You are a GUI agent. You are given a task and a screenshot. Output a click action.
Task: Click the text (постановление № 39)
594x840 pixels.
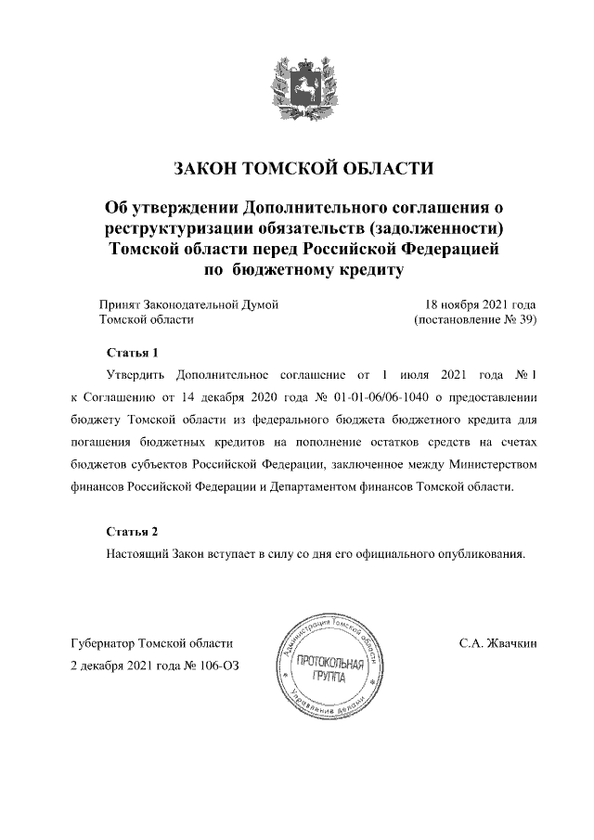coord(474,319)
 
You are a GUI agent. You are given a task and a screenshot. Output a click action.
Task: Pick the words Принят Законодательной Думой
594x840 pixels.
coord(188,304)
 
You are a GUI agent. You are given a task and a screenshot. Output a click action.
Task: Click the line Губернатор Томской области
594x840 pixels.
coord(152,642)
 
